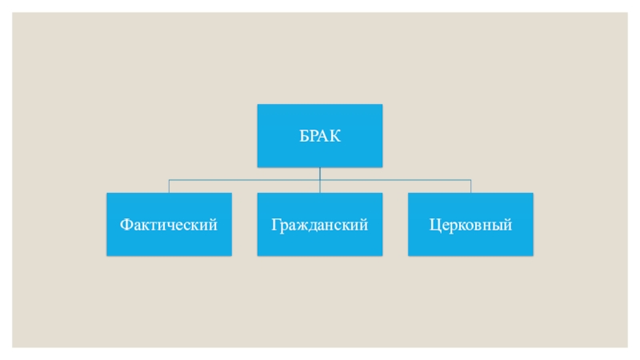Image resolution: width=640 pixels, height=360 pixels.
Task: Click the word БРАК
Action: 320,136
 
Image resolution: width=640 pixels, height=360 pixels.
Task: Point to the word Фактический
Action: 169,225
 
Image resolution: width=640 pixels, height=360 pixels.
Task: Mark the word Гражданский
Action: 319,225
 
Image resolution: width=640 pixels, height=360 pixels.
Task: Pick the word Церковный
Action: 470,225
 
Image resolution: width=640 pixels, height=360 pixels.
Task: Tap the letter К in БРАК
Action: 335,136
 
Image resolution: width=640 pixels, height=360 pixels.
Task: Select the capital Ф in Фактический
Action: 126,225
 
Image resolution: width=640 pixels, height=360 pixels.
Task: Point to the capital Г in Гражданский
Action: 275,225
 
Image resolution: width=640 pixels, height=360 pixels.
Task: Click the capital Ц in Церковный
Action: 434,225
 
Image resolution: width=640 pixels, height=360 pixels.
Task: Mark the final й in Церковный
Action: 507,225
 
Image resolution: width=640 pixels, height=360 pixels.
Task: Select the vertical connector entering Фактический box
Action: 169,186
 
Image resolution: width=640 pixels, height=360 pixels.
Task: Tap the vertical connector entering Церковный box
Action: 470,186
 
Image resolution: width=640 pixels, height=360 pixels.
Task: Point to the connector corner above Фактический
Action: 169,180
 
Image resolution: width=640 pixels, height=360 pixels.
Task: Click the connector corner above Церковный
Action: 470,180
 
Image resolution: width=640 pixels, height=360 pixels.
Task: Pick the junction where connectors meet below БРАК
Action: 319,180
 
